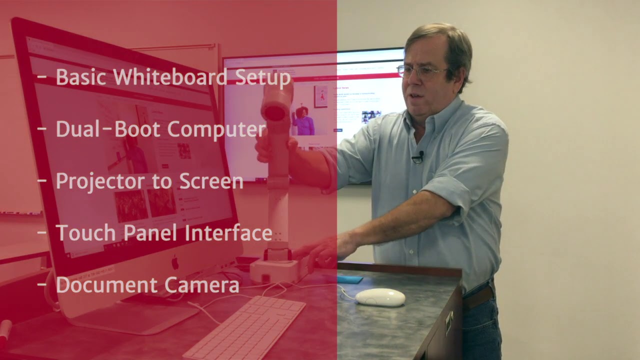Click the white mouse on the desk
[x=380, y=297]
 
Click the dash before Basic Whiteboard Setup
[x=42, y=78]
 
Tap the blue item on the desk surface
[x=349, y=278]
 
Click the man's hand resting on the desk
[x=325, y=250]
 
